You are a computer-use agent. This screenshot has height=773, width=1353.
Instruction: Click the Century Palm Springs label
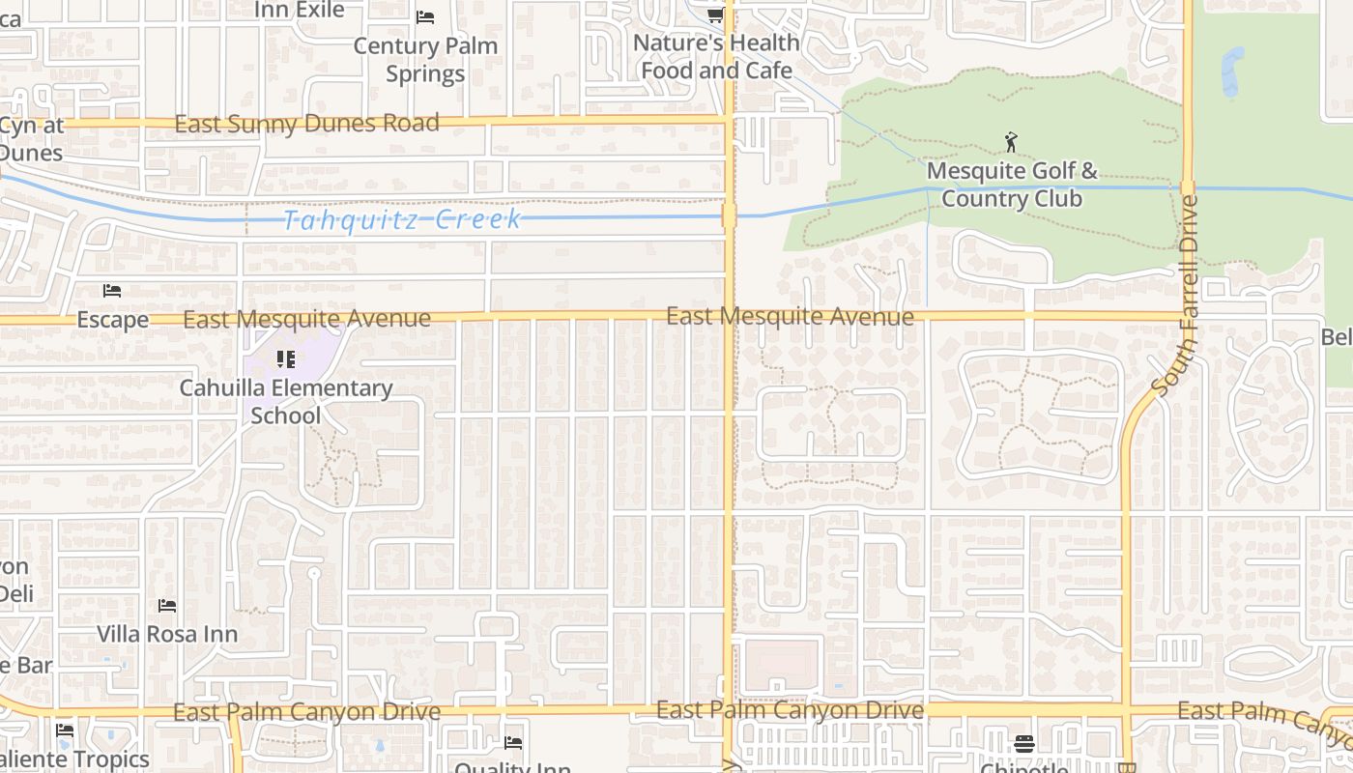tap(425, 59)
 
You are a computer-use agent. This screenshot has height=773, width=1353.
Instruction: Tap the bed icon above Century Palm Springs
tap(425, 17)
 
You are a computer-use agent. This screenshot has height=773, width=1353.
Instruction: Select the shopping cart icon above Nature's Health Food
tap(715, 14)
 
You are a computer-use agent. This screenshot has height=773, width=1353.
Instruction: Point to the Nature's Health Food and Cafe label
tap(716, 56)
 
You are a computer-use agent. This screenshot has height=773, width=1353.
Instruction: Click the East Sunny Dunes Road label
tap(307, 124)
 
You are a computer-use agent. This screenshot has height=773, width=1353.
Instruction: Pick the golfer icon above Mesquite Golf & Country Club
tap(1011, 143)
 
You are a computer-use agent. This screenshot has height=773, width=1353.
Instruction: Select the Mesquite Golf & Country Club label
tap(1012, 185)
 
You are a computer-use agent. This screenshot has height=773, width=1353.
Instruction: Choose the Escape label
tap(113, 320)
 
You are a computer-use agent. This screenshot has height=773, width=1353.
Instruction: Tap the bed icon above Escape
tap(112, 290)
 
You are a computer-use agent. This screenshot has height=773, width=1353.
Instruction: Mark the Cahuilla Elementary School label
tap(286, 401)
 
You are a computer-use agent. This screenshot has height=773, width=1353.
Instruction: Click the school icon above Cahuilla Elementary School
tap(285, 359)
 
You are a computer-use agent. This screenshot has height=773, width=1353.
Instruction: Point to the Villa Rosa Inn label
tap(167, 634)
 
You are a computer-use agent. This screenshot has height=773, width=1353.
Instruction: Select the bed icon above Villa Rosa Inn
tap(167, 606)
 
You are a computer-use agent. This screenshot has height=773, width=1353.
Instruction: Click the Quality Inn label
tap(512, 767)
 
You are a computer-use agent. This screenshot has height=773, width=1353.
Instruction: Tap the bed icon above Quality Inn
tap(513, 742)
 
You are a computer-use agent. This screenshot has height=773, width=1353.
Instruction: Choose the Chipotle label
tap(1024, 767)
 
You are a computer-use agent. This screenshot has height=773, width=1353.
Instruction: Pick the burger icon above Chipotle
tap(1024, 743)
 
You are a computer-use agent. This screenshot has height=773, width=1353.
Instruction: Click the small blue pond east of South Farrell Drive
tap(1231, 72)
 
